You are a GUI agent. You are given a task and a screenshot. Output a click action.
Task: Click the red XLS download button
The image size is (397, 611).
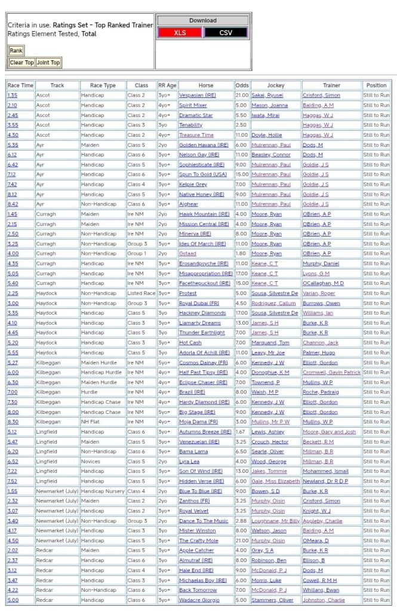pos(180,33)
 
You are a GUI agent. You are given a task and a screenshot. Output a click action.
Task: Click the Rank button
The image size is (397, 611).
pos(16,51)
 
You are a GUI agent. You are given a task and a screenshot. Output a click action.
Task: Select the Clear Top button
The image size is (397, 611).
pos(21,63)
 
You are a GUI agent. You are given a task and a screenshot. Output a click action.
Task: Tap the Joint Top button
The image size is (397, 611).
pos(48,63)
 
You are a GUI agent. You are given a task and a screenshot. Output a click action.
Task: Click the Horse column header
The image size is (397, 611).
pos(205,85)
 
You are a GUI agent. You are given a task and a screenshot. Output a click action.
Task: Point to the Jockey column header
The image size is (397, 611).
pos(276,85)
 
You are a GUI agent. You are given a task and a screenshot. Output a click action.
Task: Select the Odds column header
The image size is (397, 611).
pos(242,85)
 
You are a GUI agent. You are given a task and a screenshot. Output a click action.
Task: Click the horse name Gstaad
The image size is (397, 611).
pos(187,254)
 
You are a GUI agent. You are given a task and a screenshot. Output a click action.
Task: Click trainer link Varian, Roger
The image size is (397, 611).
pos(321,293)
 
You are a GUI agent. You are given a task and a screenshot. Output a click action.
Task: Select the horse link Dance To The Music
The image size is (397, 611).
pos(204,521)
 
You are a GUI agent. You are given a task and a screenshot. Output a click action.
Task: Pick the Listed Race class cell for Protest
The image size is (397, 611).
pos(141,293)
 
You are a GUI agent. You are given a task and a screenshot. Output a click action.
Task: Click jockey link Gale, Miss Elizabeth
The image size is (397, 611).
pos(275,481)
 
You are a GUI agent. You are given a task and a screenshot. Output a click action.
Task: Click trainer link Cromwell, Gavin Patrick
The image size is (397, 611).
pos(331,373)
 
